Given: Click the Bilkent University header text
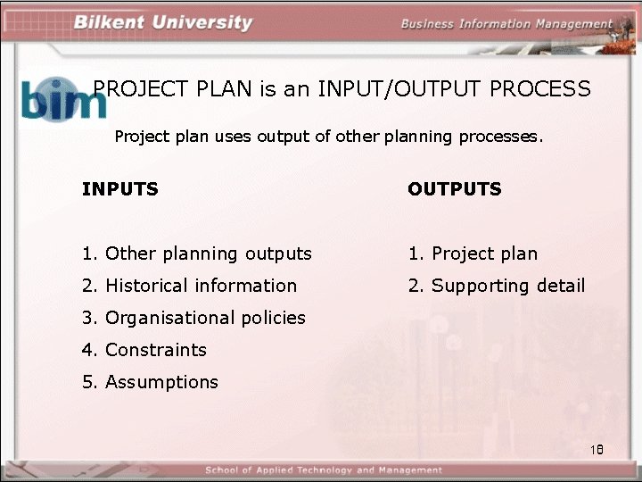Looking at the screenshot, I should tap(163, 22).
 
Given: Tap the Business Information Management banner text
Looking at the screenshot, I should tap(506, 24).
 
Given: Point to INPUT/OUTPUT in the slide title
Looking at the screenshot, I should tap(383, 89).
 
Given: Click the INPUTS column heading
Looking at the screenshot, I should tap(120, 189).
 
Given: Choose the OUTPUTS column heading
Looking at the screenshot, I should tap(455, 189).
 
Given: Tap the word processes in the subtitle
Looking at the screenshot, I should tap(499, 137).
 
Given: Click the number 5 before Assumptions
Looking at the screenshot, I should tap(87, 382).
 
